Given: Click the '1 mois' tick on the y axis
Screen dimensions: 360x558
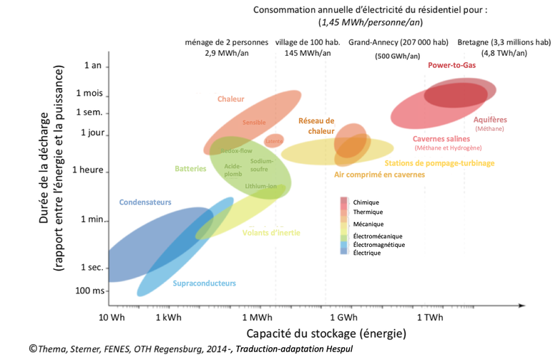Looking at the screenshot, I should point(90,94).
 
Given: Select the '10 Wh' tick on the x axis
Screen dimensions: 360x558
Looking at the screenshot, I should point(112,316).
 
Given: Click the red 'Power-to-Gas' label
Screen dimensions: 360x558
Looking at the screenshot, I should point(451,65).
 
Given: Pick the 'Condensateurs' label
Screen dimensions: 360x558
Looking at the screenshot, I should point(145,203).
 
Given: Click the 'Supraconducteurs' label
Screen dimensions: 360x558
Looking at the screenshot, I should point(204,283).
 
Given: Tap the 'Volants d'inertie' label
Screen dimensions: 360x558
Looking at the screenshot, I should point(271,233).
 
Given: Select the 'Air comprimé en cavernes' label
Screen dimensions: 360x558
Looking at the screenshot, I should point(379,175).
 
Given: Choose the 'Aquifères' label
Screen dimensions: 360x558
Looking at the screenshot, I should point(490,120).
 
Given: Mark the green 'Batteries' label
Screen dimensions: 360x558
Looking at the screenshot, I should point(191,169).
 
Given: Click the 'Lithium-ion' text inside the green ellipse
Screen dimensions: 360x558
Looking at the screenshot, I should point(260,186).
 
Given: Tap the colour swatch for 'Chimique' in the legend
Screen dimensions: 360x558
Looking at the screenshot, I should point(344,203).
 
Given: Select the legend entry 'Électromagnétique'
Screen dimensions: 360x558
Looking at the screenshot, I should point(378,244).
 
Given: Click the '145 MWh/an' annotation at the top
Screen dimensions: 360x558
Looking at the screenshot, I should point(308,53).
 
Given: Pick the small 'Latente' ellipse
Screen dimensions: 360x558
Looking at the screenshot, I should point(274,141).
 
